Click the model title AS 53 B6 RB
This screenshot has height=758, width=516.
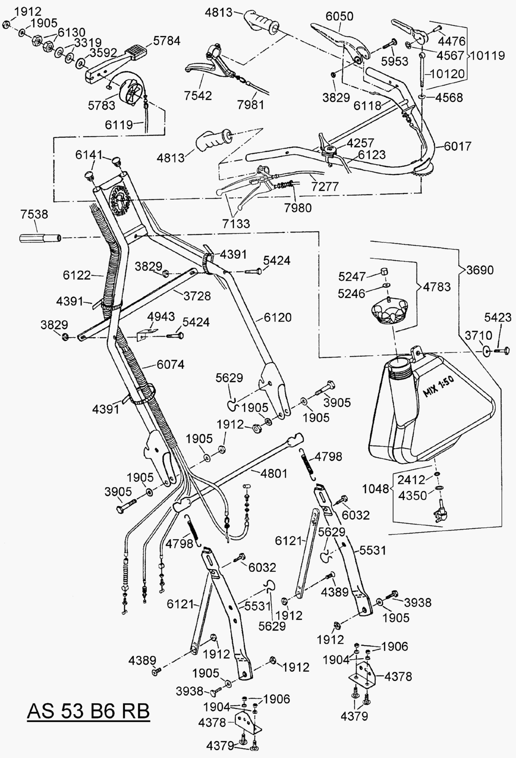89,711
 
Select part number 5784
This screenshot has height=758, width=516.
167,41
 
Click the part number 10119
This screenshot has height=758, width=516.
488,55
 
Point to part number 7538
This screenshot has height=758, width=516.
34,214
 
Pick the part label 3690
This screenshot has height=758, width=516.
480,270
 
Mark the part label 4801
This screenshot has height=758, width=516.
274,473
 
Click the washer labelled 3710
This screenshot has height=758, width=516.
486,351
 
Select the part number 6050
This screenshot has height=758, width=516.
339,16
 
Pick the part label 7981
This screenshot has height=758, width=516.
251,104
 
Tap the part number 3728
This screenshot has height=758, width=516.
197,296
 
